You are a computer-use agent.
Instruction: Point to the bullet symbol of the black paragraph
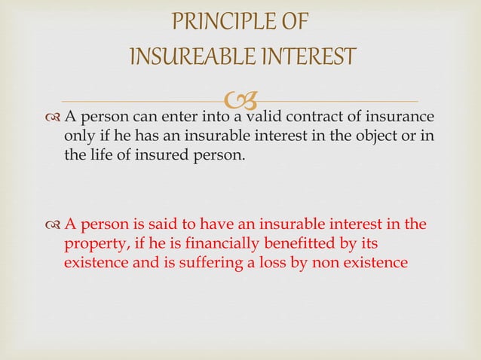tap(52, 118)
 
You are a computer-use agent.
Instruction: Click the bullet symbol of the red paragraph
tap(52, 224)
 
